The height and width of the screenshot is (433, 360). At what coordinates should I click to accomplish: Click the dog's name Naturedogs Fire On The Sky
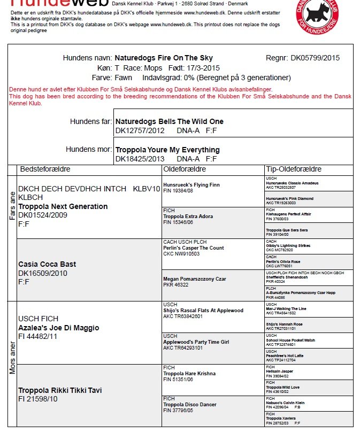(164, 58)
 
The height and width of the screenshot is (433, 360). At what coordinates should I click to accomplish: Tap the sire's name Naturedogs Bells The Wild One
(170, 121)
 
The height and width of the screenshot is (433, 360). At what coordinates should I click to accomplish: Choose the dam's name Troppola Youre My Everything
(167, 150)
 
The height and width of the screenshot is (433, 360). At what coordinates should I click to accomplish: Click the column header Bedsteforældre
(45, 169)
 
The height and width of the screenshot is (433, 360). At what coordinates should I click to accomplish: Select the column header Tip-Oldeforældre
(293, 169)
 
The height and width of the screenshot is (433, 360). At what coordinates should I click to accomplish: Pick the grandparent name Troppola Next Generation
(63, 206)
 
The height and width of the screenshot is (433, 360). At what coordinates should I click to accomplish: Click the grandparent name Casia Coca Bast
(47, 264)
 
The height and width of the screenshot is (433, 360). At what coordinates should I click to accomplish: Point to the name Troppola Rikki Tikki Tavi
(60, 390)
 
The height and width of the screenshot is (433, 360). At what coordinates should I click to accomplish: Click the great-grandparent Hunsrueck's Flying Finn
(191, 185)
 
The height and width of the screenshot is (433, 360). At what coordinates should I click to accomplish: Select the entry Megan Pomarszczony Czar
(194, 279)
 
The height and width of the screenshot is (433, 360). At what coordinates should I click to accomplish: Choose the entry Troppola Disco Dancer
(190, 405)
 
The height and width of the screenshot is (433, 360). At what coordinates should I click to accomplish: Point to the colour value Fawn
(124, 78)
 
